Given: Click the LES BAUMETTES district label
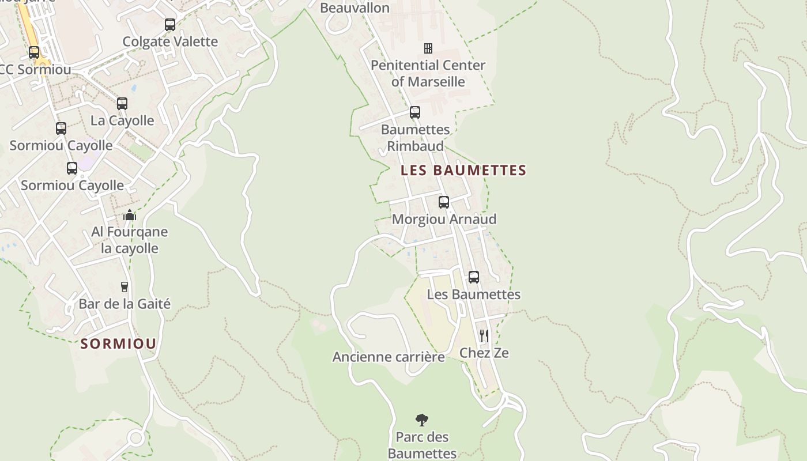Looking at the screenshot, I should [x=463, y=171].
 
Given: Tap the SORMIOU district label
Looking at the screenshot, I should [x=118, y=344].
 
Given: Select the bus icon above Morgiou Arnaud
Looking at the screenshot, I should [x=443, y=202].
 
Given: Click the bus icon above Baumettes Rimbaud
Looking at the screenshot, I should [x=414, y=112].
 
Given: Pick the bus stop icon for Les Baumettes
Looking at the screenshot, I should [x=473, y=277].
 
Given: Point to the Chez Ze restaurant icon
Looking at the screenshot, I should [x=484, y=335].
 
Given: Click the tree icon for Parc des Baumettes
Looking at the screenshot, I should [x=422, y=420].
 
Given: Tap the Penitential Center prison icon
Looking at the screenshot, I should [x=428, y=48].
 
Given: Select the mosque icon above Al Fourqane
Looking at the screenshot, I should [x=129, y=216].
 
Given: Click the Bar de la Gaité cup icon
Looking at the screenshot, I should [x=124, y=286].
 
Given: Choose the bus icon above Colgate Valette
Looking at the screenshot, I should [x=169, y=25].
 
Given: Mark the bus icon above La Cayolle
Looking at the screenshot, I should [x=122, y=104].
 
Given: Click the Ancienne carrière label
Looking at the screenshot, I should [x=389, y=357].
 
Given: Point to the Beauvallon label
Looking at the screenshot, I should [x=355, y=8].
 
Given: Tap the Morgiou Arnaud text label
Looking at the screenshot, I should [x=444, y=220].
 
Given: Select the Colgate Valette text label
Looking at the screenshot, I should [x=170, y=41].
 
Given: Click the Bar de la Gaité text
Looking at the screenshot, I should [x=125, y=304].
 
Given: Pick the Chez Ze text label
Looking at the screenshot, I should [x=484, y=353].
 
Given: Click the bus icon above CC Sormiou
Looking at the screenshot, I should [x=34, y=52].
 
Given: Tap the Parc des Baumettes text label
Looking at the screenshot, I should [x=422, y=445].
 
